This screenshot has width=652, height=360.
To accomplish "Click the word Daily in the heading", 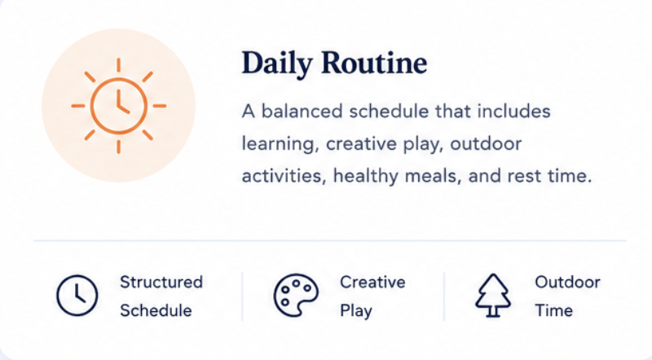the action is coord(277,64).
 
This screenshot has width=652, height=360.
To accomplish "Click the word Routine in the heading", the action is coord(374,63).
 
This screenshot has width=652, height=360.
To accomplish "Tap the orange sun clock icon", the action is coord(118,106).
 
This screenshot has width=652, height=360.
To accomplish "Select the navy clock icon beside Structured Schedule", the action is coord(77,295).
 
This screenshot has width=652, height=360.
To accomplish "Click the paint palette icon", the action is coord(296,295).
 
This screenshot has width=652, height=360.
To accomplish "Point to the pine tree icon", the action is coord(493,295).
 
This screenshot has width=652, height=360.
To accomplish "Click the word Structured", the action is coord(161,282).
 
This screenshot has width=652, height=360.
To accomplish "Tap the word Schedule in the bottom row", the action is coord(156,310).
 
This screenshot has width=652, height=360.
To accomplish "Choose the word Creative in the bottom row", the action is coord(372,283).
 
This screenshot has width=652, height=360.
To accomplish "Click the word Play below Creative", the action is coord(356,311).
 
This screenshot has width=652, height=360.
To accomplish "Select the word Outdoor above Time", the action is coord(567,283).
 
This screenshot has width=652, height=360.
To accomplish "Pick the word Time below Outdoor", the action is coord(553,310).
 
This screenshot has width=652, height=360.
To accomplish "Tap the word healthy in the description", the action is coord(365,176).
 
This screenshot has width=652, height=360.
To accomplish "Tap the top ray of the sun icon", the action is coord(118,65).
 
